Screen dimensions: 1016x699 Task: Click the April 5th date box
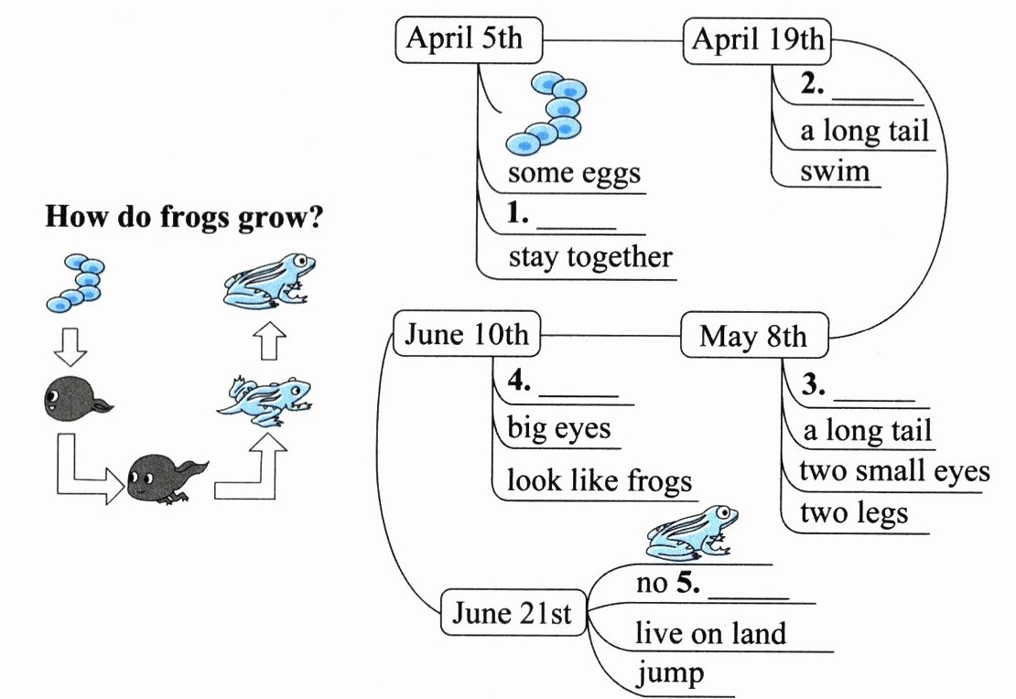pyautogui.click(x=464, y=40)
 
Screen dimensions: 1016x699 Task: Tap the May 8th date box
pyautogui.click(x=753, y=337)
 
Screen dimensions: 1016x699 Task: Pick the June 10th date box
pyautogui.click(x=466, y=335)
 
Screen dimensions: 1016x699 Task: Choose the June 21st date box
pyautogui.click(x=512, y=614)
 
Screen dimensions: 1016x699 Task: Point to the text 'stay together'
pyautogui.click(x=590, y=257)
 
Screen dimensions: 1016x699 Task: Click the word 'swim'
pyautogui.click(x=835, y=172)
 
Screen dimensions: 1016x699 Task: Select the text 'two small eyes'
pyautogui.click(x=894, y=471)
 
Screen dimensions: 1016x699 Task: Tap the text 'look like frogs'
pyautogui.click(x=600, y=481)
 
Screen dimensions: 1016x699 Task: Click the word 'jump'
pyautogui.click(x=671, y=674)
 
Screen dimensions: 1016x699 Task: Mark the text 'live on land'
pyautogui.click(x=710, y=633)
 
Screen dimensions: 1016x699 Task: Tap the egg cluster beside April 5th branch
pyautogui.click(x=547, y=113)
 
